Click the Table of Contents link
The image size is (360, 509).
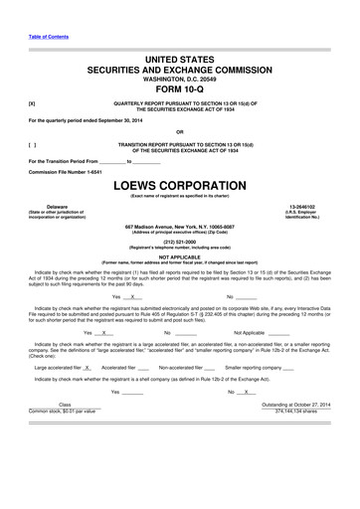48,36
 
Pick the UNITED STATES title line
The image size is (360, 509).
180,62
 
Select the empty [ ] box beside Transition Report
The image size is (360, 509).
33,143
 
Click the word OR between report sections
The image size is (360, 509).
180,130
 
